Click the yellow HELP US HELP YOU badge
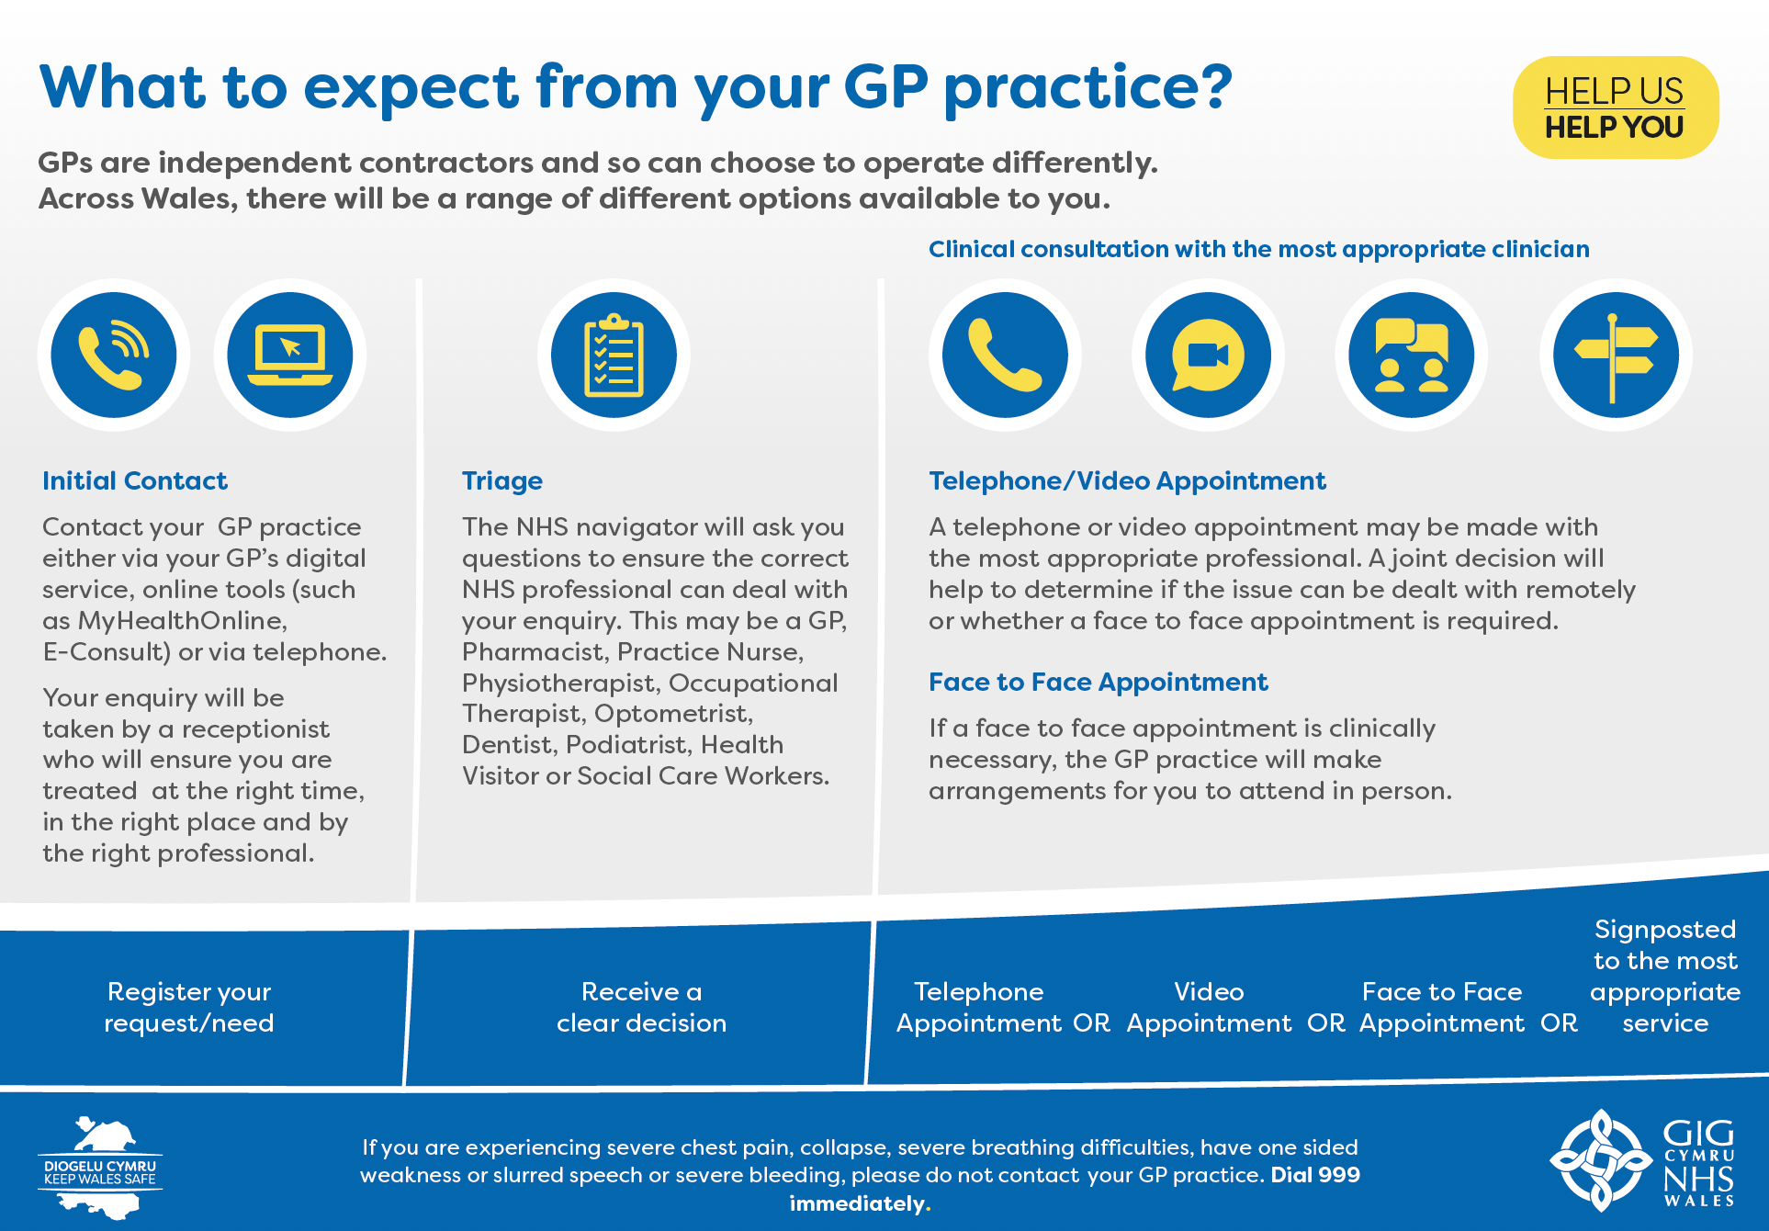1616,107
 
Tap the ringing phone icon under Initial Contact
114,355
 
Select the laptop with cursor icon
290,355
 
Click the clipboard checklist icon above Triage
614,355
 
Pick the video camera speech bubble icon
1209,355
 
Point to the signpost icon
1616,355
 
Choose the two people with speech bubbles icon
1412,355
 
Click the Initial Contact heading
135,480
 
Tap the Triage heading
502,481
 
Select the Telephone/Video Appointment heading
1127,481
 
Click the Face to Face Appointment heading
1099,683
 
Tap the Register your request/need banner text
189,1007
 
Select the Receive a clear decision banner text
641,1007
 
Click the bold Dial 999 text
1315,1175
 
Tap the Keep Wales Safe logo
100,1168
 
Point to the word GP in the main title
885,86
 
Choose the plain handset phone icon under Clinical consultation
1005,355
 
